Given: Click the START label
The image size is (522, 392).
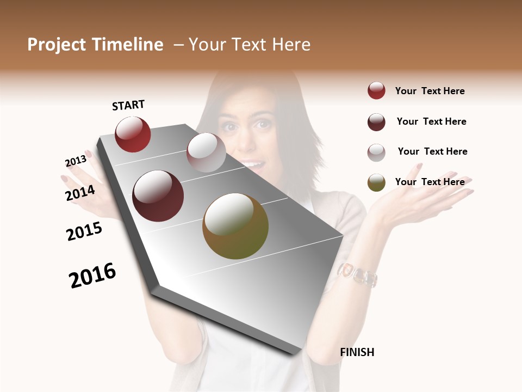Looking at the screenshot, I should pyautogui.click(x=128, y=105).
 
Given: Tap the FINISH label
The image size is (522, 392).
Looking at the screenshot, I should pyautogui.click(x=357, y=352).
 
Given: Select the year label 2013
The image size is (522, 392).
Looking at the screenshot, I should pyautogui.click(x=76, y=161).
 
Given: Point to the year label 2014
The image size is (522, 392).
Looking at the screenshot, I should pyautogui.click(x=80, y=193).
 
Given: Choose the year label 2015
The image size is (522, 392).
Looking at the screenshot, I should pyautogui.click(x=84, y=231).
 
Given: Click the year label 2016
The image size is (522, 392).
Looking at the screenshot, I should pyautogui.click(x=92, y=275).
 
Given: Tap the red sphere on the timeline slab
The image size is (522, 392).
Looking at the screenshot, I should pyautogui.click(x=133, y=134).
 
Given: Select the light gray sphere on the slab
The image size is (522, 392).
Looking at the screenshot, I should pyautogui.click(x=206, y=152).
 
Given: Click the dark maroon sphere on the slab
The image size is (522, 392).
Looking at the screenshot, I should pyautogui.click(x=158, y=196).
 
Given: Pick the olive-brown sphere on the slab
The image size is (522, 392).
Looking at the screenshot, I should pyautogui.click(x=235, y=226).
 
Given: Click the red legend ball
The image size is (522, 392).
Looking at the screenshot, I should pyautogui.click(x=376, y=90).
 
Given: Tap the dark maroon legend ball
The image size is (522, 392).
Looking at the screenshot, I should pyautogui.click(x=376, y=122).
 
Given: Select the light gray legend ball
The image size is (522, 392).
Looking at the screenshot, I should pyautogui.click(x=376, y=152).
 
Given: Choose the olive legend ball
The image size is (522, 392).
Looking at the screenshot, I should pyautogui.click(x=376, y=182).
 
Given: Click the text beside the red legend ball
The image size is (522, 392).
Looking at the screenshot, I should pyautogui.click(x=430, y=91).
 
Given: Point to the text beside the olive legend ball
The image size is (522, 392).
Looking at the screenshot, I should pyautogui.click(x=430, y=182).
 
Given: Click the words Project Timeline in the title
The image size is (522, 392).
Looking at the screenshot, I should pyautogui.click(x=95, y=45).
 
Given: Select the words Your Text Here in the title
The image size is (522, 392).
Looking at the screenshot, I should pyautogui.click(x=250, y=45).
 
